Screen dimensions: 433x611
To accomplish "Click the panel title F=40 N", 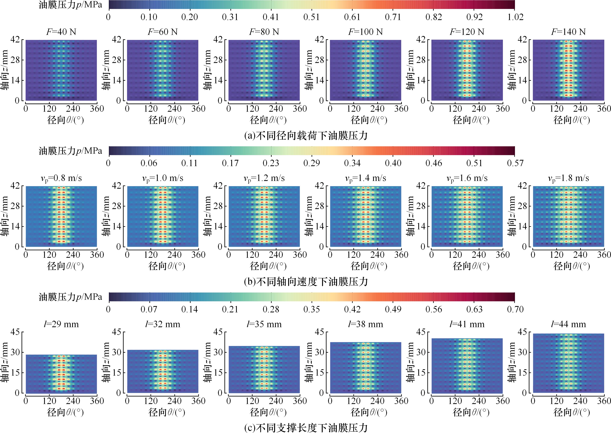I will click(x=61, y=32).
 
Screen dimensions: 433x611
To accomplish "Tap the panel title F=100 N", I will click(x=365, y=32).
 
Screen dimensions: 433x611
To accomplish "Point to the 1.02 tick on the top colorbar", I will click(x=515, y=17).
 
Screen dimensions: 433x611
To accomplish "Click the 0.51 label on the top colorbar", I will click(x=311, y=17).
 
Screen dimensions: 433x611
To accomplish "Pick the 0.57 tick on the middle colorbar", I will click(x=515, y=163).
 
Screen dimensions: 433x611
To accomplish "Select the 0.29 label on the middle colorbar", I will click(x=311, y=163).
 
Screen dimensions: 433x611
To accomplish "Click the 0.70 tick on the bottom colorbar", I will click(x=515, y=309).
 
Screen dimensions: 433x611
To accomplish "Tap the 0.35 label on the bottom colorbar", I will click(x=311, y=309).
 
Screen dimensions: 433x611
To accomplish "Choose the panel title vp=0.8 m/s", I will click(x=61, y=178).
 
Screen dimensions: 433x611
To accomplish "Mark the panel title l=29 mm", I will click(x=61, y=324).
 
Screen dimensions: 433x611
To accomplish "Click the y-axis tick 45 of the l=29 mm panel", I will click(x=15, y=332).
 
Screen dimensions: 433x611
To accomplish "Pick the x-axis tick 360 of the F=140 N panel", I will click(x=604, y=108).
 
